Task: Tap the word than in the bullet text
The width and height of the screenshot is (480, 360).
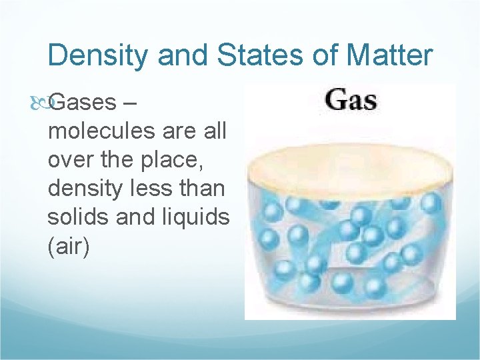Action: coord(201,189)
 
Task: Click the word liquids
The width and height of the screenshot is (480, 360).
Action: coord(193,218)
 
